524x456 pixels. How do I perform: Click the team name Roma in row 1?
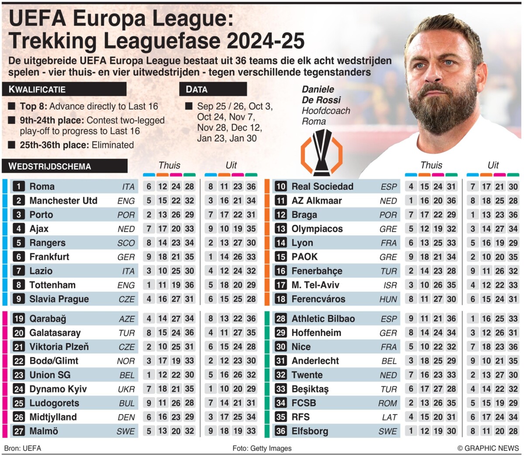(42, 187)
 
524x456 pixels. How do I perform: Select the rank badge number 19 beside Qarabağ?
(19, 318)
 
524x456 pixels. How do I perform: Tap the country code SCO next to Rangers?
(126, 243)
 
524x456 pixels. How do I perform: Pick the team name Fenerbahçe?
(317, 271)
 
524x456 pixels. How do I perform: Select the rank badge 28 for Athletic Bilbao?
(281, 318)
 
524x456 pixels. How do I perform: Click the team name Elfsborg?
(310, 431)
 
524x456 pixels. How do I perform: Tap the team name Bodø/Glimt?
(54, 361)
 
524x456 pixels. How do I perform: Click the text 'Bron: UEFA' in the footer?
(22, 448)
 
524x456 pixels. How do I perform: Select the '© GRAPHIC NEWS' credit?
(488, 448)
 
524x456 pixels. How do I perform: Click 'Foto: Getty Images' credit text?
(262, 448)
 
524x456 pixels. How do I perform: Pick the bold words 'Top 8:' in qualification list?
(34, 106)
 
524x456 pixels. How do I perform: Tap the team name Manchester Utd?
(63, 200)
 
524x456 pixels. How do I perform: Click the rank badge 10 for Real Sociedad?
(281, 187)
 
